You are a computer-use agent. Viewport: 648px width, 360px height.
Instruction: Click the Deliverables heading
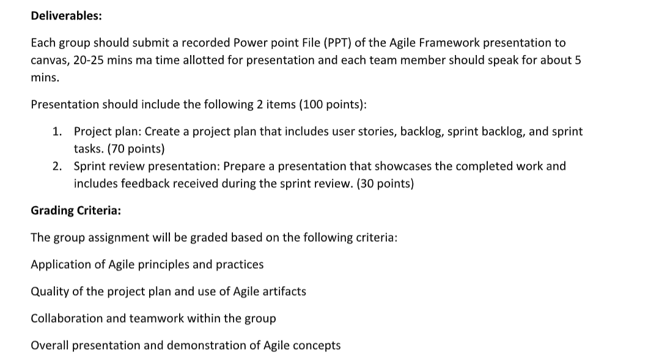point(66,16)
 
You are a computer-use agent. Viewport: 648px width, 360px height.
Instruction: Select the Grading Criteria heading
point(75,210)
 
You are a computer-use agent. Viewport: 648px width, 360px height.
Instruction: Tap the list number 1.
point(56,131)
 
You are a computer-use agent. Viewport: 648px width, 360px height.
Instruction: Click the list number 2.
point(56,166)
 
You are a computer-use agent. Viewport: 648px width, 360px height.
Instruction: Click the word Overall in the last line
point(50,345)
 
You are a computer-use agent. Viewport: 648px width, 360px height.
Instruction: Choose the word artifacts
point(284,292)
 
